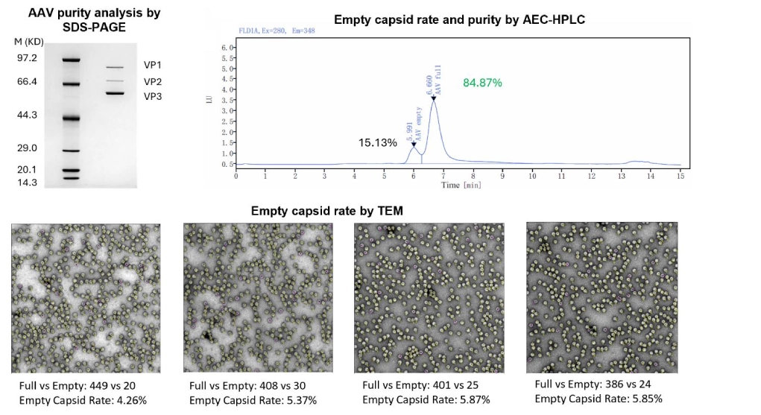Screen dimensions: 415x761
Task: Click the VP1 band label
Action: coord(153,66)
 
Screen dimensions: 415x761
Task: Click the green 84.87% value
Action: coord(483,82)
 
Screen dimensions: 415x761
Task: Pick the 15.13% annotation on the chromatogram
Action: coord(378,142)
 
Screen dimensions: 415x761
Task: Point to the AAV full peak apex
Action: coord(433,100)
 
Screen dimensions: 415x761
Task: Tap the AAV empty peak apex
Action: coord(414,145)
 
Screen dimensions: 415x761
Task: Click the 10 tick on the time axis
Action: coord(531,176)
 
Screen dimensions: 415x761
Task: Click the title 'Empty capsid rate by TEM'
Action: coord(327,211)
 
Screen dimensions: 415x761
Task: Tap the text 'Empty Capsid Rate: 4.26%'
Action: coord(83,399)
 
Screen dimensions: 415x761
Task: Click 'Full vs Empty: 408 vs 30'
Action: coord(247,386)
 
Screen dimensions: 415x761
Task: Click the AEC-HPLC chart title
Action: coord(459,19)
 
